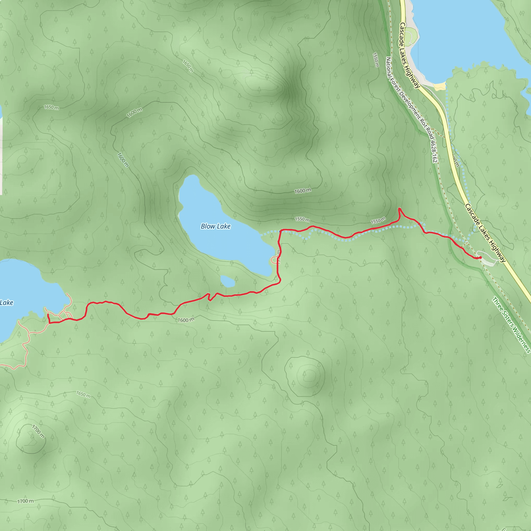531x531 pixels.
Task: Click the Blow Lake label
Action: tap(215, 226)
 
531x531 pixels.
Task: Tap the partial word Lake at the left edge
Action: tap(6, 303)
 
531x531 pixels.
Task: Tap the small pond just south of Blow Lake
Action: tap(228, 281)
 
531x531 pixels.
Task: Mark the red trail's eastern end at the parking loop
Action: tap(480, 257)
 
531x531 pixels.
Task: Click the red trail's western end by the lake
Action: tap(48, 314)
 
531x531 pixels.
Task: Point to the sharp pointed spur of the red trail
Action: tap(399, 209)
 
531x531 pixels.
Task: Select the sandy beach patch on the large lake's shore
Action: tap(439, 86)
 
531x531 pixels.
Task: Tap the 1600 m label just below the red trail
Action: tap(186, 320)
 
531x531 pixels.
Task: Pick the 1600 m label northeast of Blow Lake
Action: tap(303, 191)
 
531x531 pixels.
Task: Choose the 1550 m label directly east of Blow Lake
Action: tap(302, 219)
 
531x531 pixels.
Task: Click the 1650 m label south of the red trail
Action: tap(83, 394)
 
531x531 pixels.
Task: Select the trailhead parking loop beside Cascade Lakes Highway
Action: tap(488, 258)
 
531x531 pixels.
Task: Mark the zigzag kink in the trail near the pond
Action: tap(209, 297)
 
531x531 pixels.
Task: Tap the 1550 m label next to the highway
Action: tap(376, 60)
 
